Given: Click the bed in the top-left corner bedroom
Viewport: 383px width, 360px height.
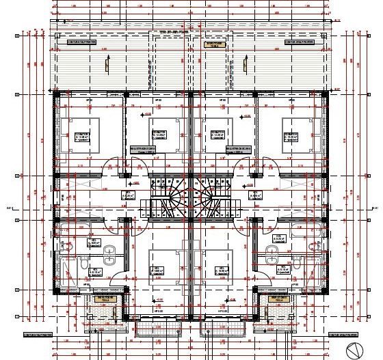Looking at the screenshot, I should pos(82,133).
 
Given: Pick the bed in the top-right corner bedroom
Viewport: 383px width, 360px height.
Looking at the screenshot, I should pos(300,133).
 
